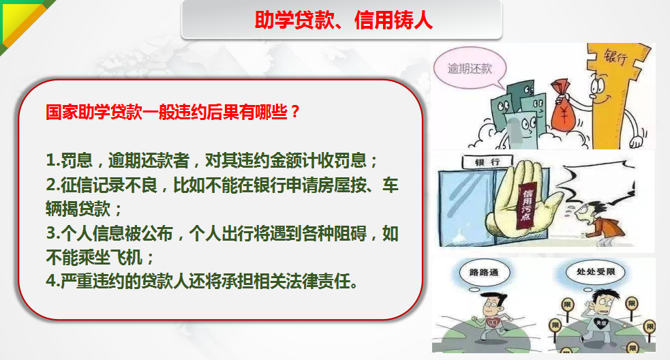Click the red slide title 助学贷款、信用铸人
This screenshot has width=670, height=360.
344,20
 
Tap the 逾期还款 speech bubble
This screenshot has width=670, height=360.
470,68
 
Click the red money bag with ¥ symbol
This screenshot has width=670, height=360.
564,106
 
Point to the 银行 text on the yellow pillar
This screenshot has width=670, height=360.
615,57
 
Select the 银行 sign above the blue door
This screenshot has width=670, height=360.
487,162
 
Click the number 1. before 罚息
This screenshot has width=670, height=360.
53,160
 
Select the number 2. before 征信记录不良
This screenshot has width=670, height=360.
53,185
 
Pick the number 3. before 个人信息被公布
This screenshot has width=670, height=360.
53,233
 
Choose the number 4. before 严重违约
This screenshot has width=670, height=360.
53,282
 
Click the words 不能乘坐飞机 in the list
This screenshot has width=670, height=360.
94,258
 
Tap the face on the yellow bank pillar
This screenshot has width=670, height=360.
600,90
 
